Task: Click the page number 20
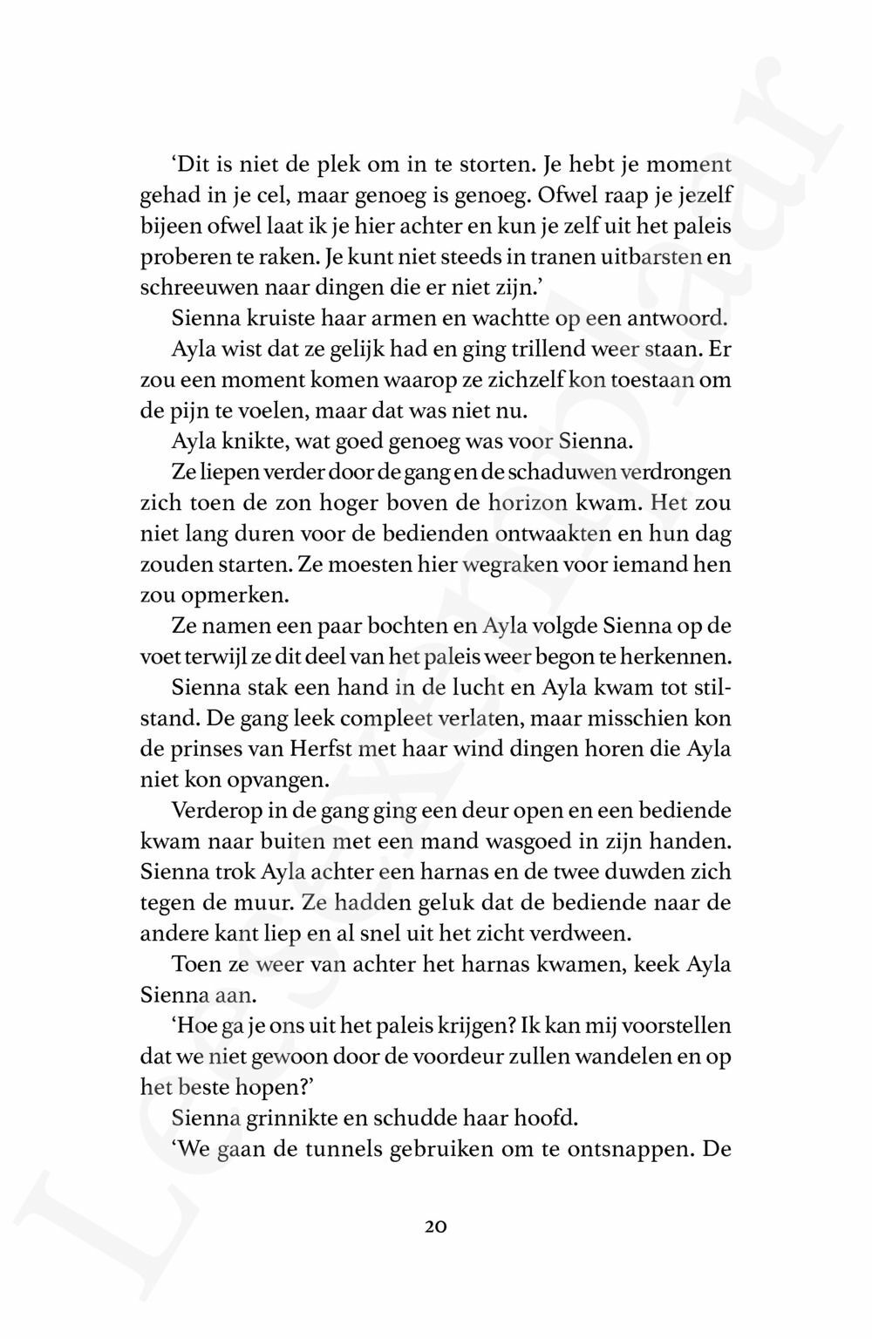coord(436,1227)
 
